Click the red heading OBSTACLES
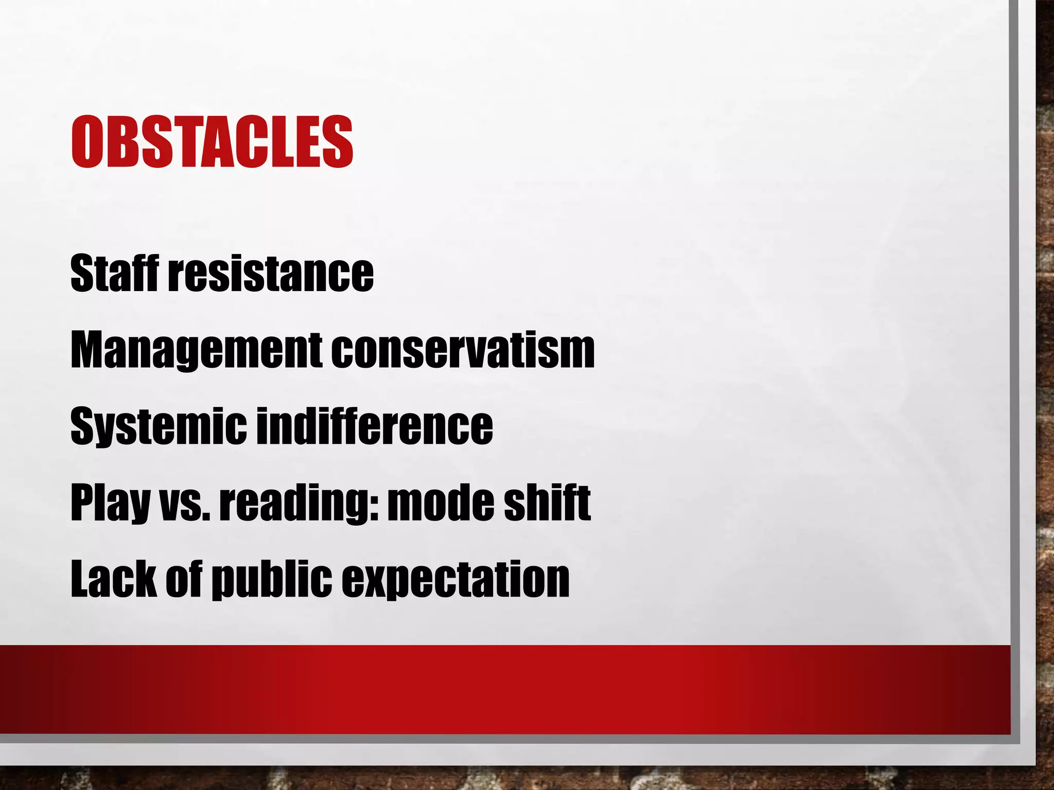212,142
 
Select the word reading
295,504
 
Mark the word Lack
114,579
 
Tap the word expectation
455,580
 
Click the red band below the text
504,689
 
